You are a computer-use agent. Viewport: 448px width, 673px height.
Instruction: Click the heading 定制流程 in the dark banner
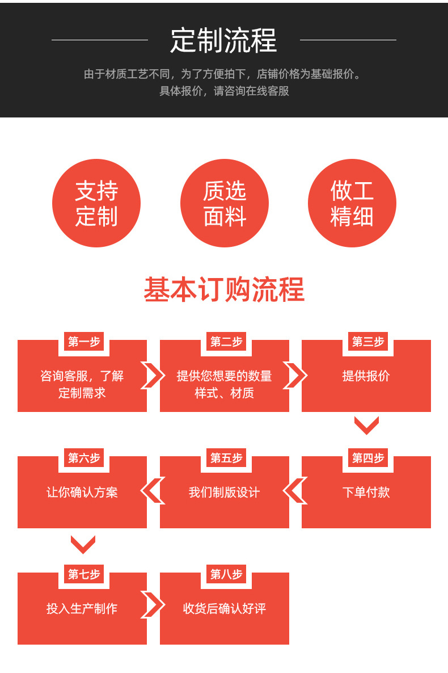point(223,40)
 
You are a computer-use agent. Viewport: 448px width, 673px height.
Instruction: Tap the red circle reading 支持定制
point(96,203)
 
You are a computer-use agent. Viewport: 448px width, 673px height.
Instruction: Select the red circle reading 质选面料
point(225,203)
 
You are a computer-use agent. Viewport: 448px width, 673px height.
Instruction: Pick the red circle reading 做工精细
point(352,203)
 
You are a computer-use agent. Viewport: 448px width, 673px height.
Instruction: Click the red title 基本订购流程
point(224,290)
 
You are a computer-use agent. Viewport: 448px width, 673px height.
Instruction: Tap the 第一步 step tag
point(84,342)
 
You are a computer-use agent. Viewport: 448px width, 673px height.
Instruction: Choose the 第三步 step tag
point(368,342)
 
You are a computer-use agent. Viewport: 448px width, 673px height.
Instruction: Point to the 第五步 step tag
point(226,458)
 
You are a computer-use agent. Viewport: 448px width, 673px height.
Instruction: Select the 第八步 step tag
point(226,574)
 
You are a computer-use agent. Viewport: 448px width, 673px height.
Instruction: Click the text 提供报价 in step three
point(366,376)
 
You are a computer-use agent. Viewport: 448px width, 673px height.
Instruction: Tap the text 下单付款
point(366,493)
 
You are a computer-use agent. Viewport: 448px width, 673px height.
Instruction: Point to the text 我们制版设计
point(224,493)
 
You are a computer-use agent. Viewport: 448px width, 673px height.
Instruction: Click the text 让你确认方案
point(82,493)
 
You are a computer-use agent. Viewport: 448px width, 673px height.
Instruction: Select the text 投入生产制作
point(82,609)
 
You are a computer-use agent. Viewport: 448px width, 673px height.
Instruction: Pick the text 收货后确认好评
point(224,609)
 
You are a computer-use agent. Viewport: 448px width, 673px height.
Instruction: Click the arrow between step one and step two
point(153,376)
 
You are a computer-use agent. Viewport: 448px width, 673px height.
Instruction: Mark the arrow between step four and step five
point(295,491)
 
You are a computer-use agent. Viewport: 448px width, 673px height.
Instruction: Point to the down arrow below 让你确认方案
point(83,544)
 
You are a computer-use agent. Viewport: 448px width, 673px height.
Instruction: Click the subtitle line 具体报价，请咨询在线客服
point(224,91)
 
